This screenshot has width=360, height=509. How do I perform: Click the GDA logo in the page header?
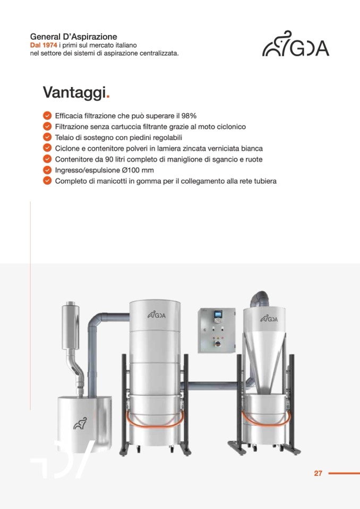tap(296, 44)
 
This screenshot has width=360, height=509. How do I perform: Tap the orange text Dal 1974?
tap(44, 45)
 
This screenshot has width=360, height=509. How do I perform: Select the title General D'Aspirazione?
tap(73, 37)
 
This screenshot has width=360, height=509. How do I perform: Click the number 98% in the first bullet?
tap(189, 116)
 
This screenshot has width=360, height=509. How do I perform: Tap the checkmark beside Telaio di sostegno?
tap(47, 137)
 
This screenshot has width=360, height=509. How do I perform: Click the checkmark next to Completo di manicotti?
tap(47, 181)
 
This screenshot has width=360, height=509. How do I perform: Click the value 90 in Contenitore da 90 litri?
tap(109, 159)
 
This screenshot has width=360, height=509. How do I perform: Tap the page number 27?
tap(318, 473)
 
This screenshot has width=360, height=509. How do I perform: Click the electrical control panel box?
tap(217, 330)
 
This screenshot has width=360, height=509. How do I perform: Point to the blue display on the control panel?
tap(217, 314)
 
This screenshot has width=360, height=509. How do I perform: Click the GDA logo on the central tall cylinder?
tap(157, 315)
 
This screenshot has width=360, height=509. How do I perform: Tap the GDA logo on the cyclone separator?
tap(269, 318)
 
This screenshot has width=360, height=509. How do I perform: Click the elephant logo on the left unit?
tap(80, 424)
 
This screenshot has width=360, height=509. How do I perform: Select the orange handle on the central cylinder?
tap(155, 422)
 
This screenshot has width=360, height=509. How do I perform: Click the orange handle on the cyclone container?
tap(266, 421)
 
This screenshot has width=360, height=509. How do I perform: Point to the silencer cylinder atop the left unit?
tap(71, 325)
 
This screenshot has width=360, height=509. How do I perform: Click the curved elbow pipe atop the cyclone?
tap(259, 298)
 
